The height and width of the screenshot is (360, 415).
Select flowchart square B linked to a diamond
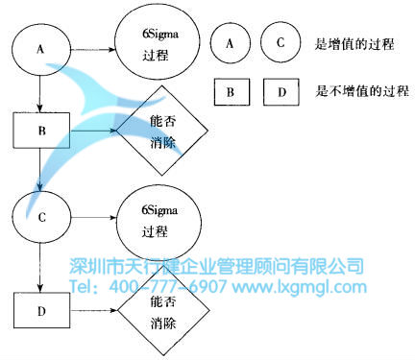click(39, 130)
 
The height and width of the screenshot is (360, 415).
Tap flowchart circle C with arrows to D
click(39, 218)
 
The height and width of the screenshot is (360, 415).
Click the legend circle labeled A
click(231, 42)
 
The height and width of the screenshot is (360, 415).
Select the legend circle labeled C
click(280, 42)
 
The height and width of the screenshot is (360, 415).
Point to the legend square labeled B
click(231, 93)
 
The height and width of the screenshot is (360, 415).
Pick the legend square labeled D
click(280, 93)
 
